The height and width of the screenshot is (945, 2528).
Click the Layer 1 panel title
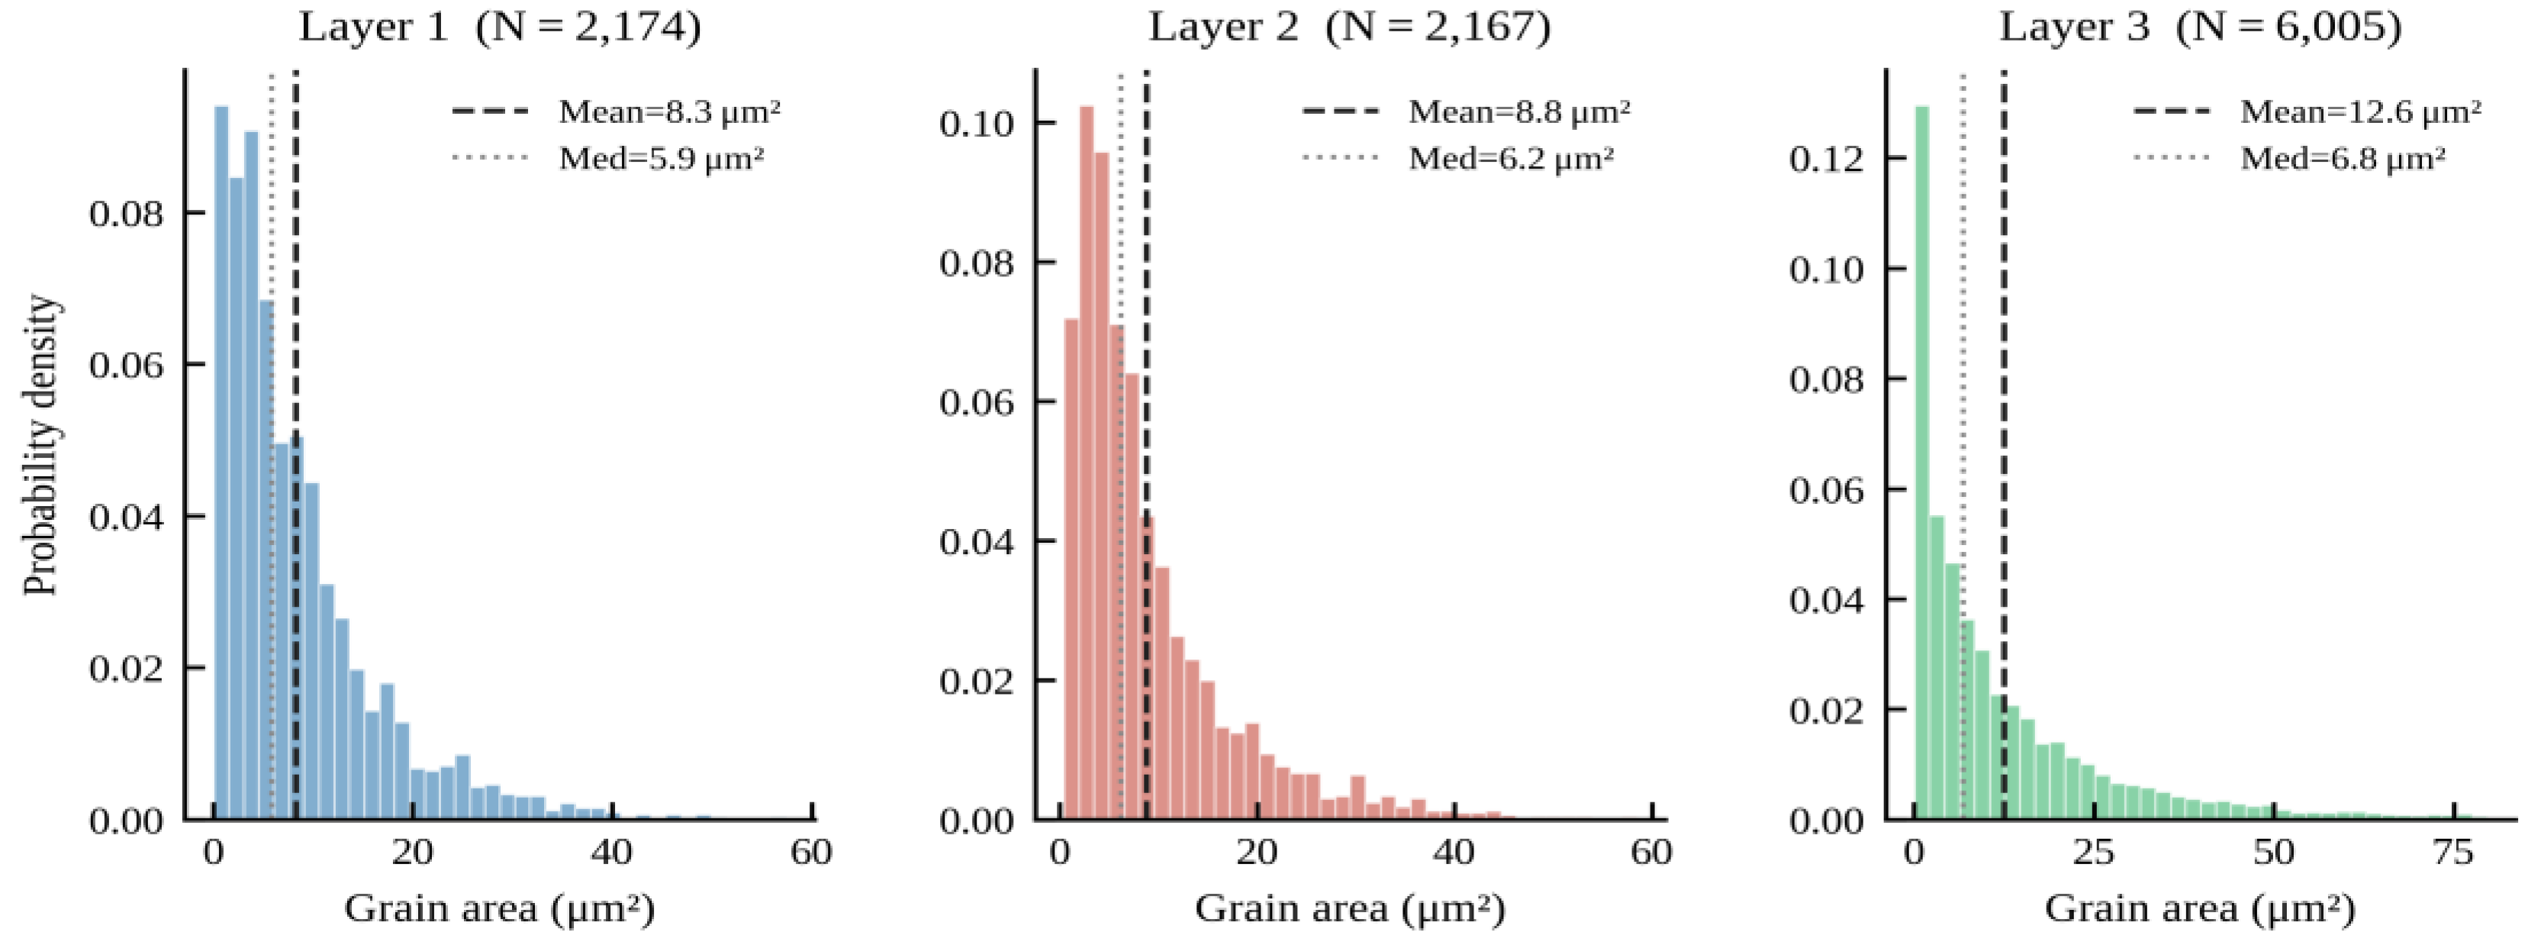click(500, 27)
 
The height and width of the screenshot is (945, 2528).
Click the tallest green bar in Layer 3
click(1921, 461)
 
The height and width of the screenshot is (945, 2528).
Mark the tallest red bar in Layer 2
click(1087, 461)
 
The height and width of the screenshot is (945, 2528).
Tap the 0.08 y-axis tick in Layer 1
click(126, 214)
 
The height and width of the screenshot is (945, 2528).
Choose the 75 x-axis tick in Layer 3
click(2452, 852)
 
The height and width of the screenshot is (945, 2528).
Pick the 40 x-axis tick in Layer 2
click(1454, 852)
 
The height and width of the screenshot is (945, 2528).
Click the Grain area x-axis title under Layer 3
click(2199, 908)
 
